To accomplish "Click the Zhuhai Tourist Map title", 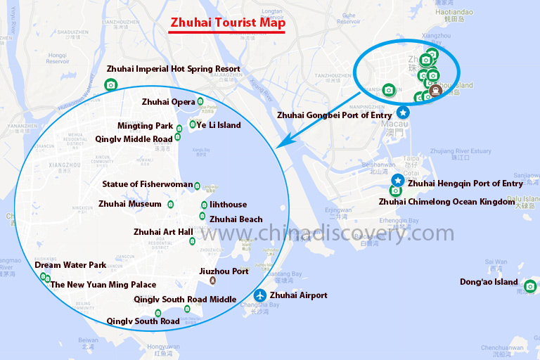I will point(228,22).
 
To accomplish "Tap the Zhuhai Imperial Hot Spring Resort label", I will point(173,69).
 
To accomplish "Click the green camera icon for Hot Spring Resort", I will point(110,85).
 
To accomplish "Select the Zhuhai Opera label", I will point(168,102).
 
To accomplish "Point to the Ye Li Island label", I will point(219,125).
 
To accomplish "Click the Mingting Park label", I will point(145,126).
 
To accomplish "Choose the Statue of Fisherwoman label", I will point(147,184).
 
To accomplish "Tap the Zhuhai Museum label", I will point(130,204).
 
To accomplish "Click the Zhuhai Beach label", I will point(236,219).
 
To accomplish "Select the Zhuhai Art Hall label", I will point(163,231).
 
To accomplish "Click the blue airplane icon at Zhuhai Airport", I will point(260,295).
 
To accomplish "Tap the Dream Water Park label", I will point(70,265).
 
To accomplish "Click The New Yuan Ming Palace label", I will point(103,285).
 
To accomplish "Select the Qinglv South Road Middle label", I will point(185,300).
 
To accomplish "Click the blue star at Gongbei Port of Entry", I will point(403,112).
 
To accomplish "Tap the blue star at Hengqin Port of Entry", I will point(397,181).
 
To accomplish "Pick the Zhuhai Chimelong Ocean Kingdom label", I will point(446,202).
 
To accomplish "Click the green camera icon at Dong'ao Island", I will point(530,285).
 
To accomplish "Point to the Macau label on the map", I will point(396,124).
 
